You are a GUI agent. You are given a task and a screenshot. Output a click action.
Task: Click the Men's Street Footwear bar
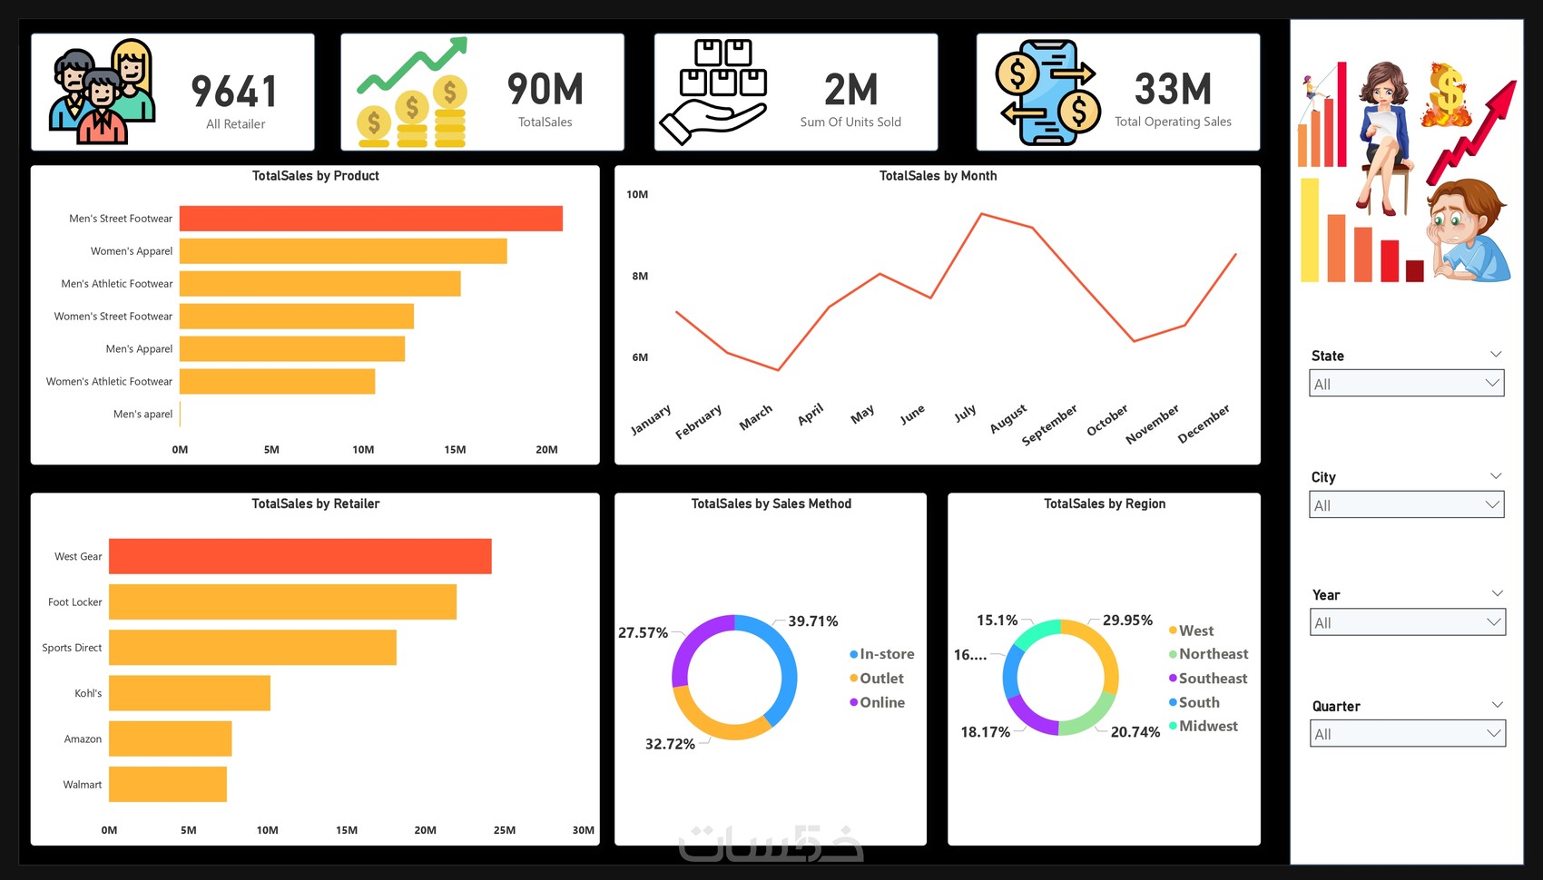click(370, 219)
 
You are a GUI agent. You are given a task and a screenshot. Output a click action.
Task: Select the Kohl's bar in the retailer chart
click(189, 693)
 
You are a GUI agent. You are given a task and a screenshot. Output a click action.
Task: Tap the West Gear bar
click(300, 556)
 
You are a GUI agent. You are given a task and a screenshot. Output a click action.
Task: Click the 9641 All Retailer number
click(234, 92)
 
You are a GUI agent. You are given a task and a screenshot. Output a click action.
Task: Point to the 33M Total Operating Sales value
click(1173, 90)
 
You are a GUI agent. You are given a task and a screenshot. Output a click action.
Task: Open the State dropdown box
click(1407, 384)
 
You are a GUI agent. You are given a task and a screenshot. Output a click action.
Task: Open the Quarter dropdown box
click(1408, 734)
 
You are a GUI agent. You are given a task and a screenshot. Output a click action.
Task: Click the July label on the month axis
click(965, 414)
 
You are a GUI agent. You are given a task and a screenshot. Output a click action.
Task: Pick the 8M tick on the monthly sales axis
click(640, 276)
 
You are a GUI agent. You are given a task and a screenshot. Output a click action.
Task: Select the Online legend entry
click(881, 702)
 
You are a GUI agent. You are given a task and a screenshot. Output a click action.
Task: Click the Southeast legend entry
click(1212, 679)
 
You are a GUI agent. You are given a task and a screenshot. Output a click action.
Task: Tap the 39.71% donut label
click(812, 621)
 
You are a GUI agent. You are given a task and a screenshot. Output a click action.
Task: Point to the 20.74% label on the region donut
click(1135, 732)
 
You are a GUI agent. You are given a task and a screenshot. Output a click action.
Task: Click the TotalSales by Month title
click(938, 176)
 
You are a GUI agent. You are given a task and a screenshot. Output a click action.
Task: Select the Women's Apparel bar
click(343, 251)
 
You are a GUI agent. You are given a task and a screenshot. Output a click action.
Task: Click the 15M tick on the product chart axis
click(455, 450)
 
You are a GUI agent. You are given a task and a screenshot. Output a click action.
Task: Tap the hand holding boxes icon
click(714, 93)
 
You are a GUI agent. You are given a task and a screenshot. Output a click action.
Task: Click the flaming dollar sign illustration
click(1447, 94)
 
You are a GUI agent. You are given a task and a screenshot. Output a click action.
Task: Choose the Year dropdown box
click(1408, 622)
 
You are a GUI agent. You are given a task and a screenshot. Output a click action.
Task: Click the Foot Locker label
click(75, 602)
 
